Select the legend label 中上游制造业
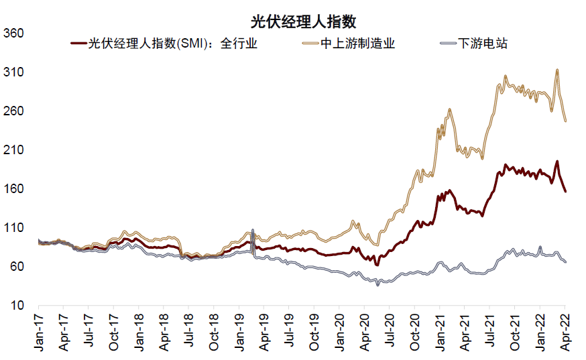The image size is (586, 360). click(357, 44)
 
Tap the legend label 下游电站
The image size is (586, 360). click(482, 44)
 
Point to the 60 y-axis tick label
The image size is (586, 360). click(17, 267)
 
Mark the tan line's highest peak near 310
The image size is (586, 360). click(556, 70)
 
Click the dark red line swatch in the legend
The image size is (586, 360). click(79, 44)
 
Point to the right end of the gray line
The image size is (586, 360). click(565, 261)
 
